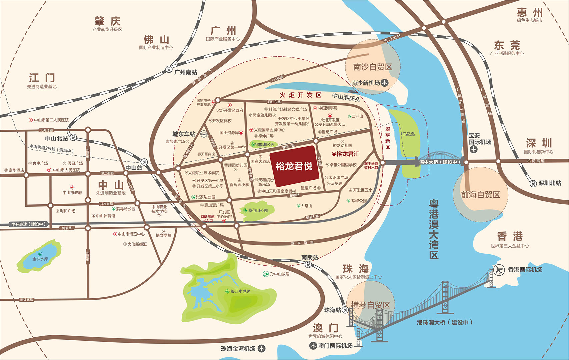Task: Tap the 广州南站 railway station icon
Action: tap(169, 70)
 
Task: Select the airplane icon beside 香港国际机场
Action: tap(499, 270)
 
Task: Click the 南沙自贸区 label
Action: tap(373, 67)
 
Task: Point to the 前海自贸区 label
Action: tap(480, 195)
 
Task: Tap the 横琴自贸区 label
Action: tap(370, 305)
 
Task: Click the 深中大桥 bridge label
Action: tap(439, 162)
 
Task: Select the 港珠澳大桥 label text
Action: tap(444, 322)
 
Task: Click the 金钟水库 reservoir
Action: tap(40, 259)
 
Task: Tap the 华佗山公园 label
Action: tap(258, 210)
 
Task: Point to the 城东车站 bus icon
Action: tap(204, 134)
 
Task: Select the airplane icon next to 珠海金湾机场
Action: tap(262, 348)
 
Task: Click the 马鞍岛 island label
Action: tap(409, 134)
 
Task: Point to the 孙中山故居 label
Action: tap(279, 274)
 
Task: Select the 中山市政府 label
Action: tap(72, 192)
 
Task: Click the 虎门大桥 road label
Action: tap(392, 38)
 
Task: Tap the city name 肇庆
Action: tap(107, 21)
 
